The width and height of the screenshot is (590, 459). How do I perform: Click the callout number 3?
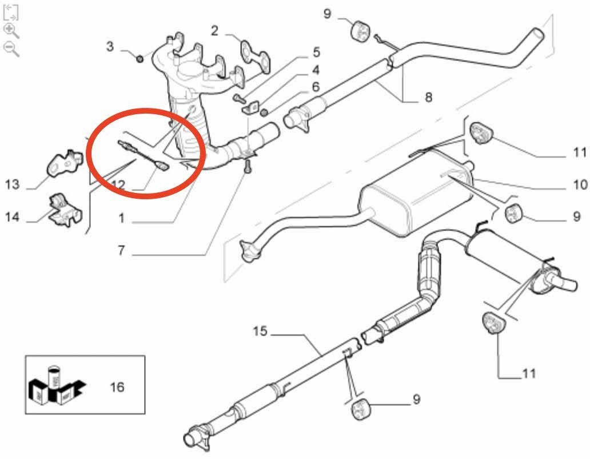[x=110, y=46]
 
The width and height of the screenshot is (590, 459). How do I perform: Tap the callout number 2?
[x=214, y=30]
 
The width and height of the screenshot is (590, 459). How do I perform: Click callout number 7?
[x=121, y=250]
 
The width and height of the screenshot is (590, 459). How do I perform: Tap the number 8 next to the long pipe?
[x=429, y=98]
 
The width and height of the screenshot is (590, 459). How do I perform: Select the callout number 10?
[x=580, y=184]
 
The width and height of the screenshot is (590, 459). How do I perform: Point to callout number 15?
[x=260, y=331]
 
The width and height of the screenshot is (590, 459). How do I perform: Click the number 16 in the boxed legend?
[x=117, y=387]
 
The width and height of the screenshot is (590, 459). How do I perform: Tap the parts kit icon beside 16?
[x=55, y=386]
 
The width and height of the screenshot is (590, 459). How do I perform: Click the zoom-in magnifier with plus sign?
[x=11, y=30]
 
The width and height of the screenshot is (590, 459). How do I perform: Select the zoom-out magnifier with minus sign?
[x=11, y=48]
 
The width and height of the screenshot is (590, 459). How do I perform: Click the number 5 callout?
[x=316, y=53]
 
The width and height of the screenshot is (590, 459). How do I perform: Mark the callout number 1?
[x=121, y=218]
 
